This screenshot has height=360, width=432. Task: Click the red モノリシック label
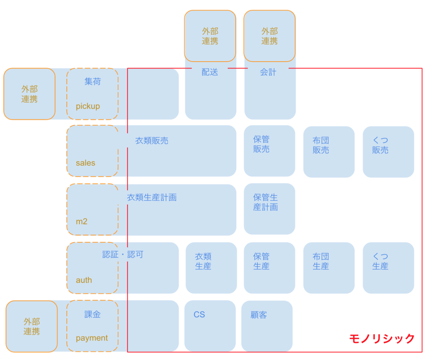[x=382, y=338]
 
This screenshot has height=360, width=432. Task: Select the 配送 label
[x=210, y=72]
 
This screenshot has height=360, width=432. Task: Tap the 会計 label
[x=268, y=72]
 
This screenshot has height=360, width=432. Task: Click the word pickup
[x=88, y=106]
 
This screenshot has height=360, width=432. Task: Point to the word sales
[x=86, y=163]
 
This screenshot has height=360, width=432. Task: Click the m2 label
[x=82, y=221]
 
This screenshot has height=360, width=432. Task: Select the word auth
[x=84, y=280]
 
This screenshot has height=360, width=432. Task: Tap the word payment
[x=92, y=338]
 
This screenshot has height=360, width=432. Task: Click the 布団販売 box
[x=329, y=152]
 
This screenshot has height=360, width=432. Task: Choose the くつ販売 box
[x=388, y=152]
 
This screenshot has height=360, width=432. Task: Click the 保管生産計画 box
[x=269, y=209]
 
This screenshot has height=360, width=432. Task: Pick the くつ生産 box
[x=388, y=268]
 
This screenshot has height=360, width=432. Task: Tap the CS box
[x=210, y=325]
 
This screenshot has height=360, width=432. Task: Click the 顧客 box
[x=267, y=325]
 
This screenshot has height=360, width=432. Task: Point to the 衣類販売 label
[x=152, y=141]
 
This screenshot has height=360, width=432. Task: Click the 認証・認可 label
[x=123, y=255]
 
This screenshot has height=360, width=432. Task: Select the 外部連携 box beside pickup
[x=30, y=94]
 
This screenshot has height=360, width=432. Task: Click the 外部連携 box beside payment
[x=32, y=326]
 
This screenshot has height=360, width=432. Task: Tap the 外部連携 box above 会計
[x=270, y=36]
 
